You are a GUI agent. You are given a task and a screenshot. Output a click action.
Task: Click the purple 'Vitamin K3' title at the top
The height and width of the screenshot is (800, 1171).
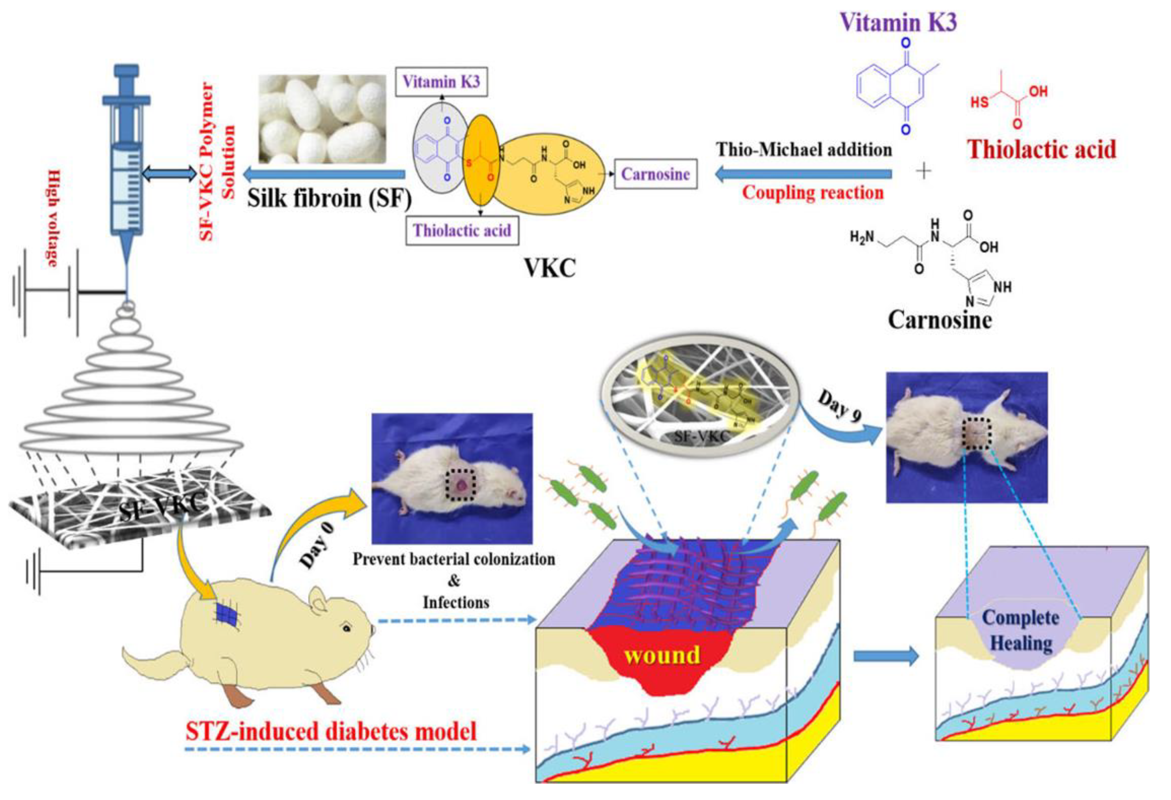pos(898,23)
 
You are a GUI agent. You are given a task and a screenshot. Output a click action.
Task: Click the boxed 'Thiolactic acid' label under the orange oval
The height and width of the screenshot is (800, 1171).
pos(462,230)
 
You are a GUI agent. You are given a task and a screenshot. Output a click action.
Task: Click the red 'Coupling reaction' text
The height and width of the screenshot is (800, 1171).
pos(813,192)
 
